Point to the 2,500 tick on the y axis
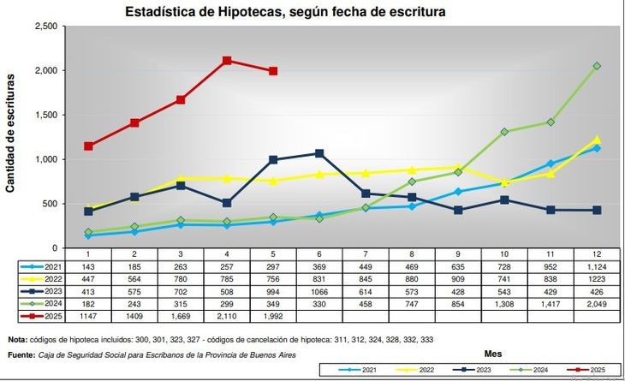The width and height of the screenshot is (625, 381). (45, 27)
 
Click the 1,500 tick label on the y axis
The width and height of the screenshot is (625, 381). (45, 115)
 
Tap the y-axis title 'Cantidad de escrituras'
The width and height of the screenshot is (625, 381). (11, 133)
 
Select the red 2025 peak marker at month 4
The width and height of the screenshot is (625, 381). (227, 61)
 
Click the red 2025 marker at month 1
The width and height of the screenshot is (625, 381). (88, 146)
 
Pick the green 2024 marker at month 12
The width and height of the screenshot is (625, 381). (597, 66)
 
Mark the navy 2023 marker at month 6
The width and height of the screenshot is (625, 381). (319, 153)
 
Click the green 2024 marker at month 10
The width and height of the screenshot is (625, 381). (504, 132)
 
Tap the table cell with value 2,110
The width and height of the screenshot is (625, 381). (227, 316)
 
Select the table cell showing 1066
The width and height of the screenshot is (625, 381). (319, 291)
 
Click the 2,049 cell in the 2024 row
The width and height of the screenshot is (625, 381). (597, 303)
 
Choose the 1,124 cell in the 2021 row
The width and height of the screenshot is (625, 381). (597, 267)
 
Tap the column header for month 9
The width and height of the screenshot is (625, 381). (458, 254)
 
